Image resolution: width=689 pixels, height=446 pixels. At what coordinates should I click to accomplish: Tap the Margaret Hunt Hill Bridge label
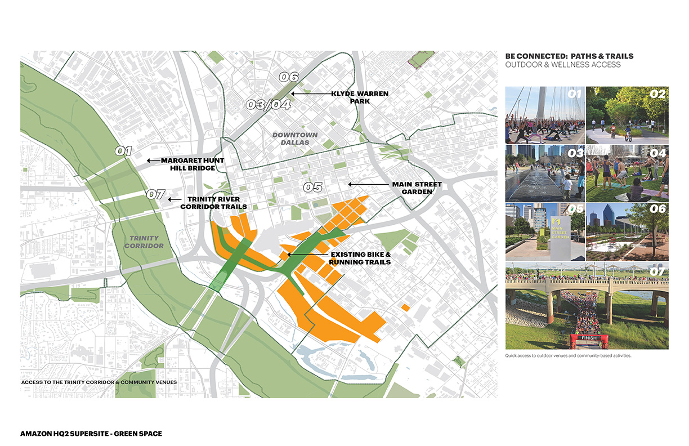click(193, 164)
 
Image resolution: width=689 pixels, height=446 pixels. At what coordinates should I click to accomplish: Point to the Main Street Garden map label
click(417, 188)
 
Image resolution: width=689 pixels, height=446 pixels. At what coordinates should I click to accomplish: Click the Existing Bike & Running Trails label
click(360, 258)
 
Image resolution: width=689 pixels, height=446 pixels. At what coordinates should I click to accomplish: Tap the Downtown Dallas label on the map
click(295, 139)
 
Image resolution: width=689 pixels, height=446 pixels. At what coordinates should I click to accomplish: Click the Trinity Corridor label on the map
click(144, 242)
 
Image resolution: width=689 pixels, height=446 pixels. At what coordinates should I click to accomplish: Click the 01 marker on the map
click(123, 151)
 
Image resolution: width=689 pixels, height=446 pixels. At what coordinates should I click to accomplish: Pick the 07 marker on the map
click(155, 195)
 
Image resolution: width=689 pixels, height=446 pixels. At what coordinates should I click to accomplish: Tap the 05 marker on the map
click(312, 187)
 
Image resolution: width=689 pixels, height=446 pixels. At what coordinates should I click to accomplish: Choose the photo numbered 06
click(627, 231)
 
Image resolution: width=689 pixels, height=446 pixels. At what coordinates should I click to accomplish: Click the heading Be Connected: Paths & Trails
click(569, 56)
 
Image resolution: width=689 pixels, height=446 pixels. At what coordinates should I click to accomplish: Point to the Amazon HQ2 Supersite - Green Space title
click(92, 434)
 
